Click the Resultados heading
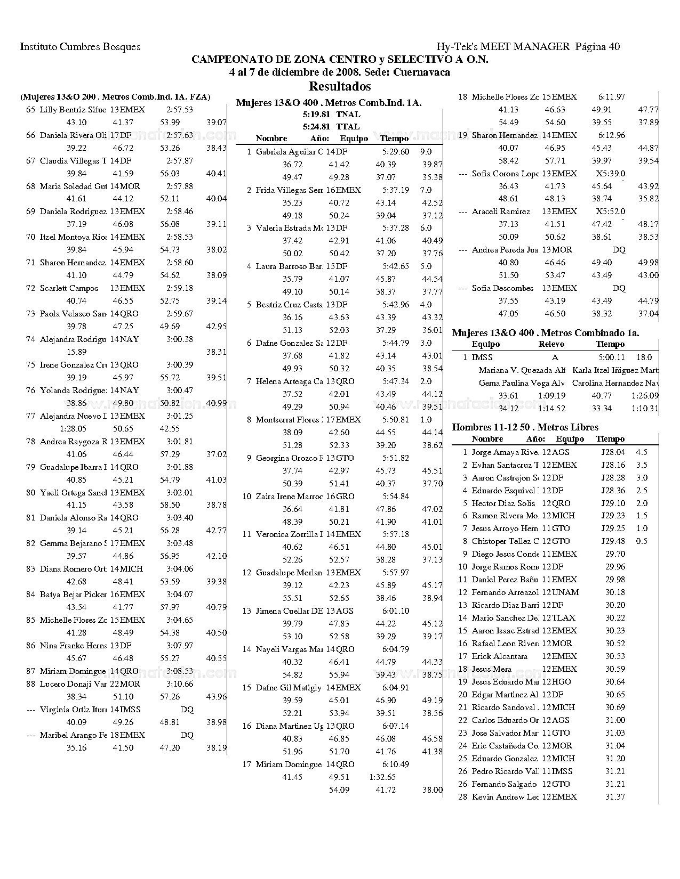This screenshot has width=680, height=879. pos(340,86)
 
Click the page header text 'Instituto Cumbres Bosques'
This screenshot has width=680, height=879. pos(81,47)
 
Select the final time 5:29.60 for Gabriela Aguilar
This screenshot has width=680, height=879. pos(396,152)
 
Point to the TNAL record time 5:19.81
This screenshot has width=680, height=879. pos(316,115)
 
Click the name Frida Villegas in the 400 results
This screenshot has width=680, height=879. pos(289,190)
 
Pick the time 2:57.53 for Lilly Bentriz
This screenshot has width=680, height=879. pos(179,110)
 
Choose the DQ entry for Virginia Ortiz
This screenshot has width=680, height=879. pos(187,710)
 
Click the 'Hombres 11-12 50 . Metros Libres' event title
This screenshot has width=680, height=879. pos(525,427)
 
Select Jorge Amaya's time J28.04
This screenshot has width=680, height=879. pos(613,452)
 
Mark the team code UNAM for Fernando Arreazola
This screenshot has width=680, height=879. pos(565,592)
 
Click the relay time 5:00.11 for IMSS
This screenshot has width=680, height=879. pos(610,357)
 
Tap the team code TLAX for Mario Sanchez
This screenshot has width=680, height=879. pos(564,618)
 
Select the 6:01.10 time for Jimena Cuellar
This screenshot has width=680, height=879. pos(396,611)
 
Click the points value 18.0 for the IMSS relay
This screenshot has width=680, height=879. pos(644,357)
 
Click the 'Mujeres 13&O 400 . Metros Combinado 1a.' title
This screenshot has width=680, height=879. pos(546,333)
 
